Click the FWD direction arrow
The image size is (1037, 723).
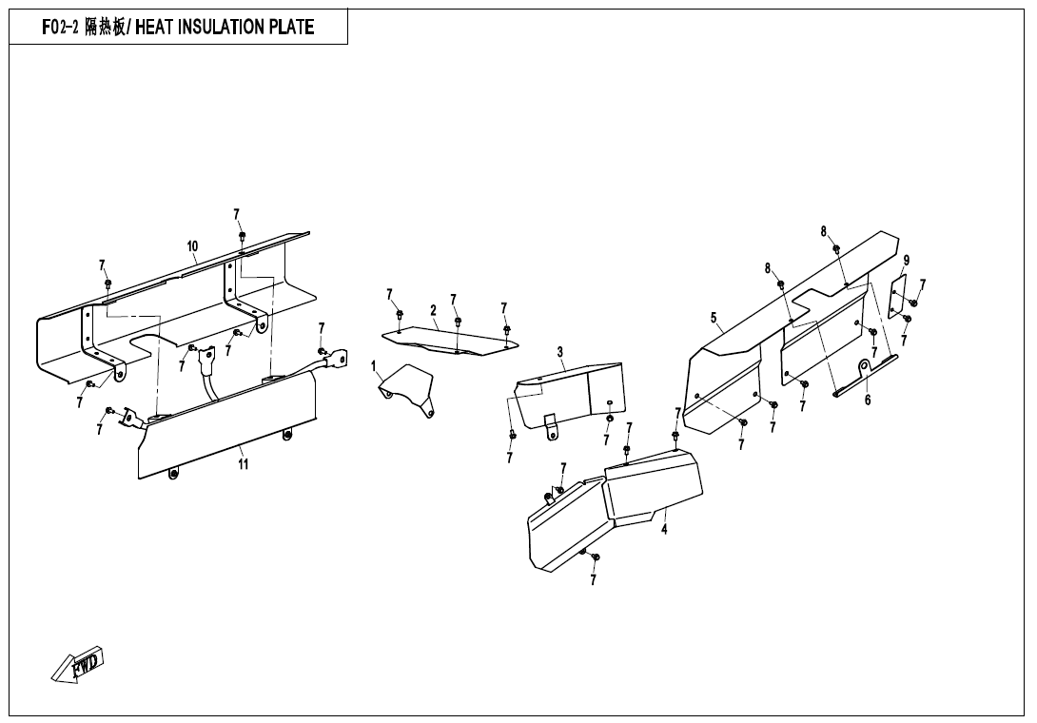[79, 664]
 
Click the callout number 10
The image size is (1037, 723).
[192, 246]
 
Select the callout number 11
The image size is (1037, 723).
[244, 464]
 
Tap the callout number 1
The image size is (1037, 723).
[374, 365]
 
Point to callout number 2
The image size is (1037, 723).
[433, 310]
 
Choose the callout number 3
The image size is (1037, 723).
[560, 352]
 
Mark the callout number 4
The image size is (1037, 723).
[664, 530]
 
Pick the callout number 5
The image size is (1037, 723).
[714, 318]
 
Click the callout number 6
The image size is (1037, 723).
[868, 401]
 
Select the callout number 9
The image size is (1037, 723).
[907, 260]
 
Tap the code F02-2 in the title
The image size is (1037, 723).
[62, 27]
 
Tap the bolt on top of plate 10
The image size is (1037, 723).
[242, 235]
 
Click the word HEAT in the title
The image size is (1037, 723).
[155, 27]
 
